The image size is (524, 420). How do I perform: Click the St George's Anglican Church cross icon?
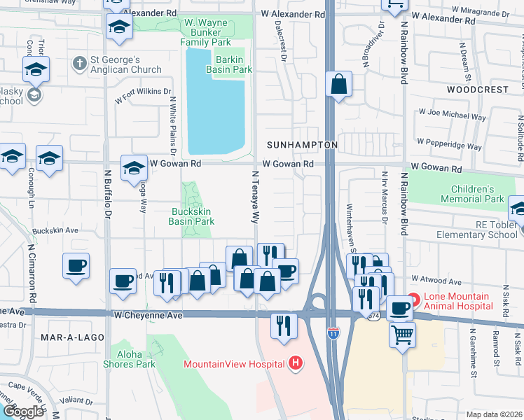tap(80, 64)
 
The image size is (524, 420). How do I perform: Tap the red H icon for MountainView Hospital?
tap(296, 363)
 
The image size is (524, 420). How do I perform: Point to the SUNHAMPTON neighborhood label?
tap(303, 145)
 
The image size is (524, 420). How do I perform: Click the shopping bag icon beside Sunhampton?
tap(338, 85)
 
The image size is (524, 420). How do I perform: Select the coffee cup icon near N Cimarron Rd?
tap(76, 266)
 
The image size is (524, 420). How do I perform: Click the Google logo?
tap(23, 412)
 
